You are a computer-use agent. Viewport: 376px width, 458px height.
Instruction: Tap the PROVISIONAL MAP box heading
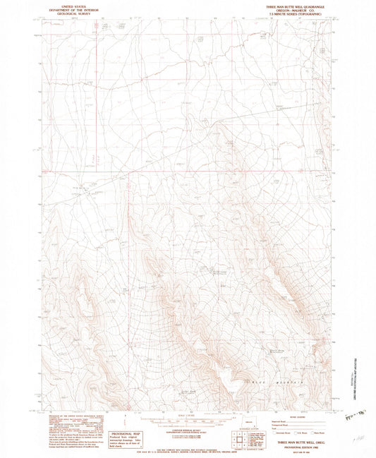126,433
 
